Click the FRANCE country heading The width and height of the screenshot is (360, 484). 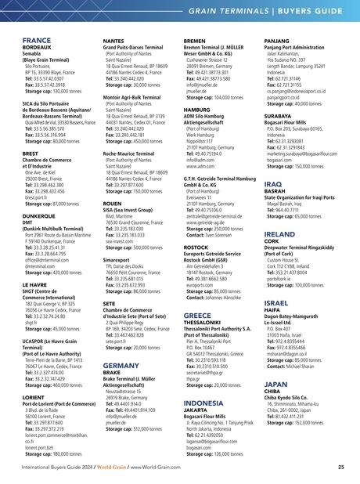(37, 40)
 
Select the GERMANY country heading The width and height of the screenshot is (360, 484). (121, 344)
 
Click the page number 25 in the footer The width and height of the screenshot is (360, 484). (340, 468)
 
